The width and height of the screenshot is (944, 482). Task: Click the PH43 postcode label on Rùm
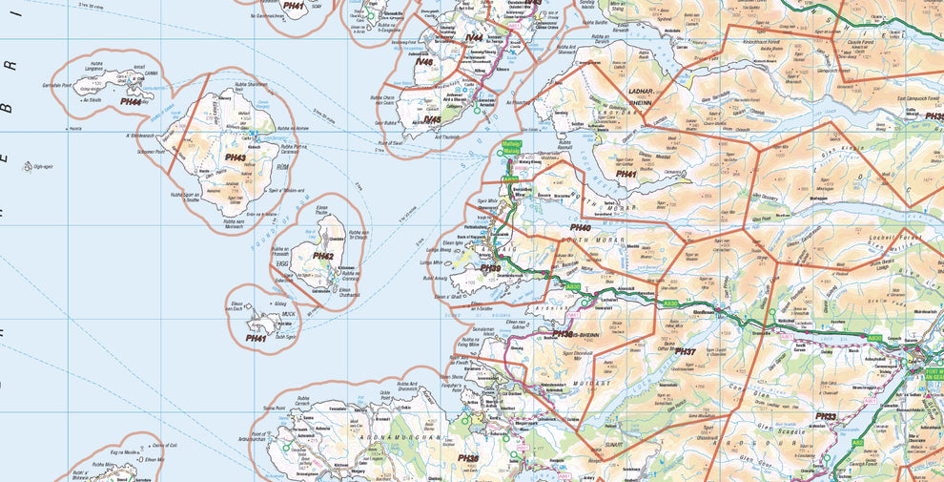235,157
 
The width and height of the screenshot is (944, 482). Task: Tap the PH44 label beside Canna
132,100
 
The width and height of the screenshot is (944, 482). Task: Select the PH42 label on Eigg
323,256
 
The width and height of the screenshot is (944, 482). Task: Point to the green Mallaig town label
511,147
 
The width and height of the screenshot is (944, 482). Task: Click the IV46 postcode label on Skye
424,62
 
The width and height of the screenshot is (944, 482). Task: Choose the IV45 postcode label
432,119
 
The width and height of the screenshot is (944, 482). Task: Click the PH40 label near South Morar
580,227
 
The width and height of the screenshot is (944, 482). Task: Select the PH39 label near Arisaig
490,268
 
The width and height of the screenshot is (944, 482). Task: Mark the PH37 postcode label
686,352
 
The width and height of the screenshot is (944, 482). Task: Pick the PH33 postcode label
825,417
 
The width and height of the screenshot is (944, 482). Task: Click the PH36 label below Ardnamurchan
467,458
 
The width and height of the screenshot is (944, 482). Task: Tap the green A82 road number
856,443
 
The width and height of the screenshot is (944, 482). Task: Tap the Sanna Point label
272,407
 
